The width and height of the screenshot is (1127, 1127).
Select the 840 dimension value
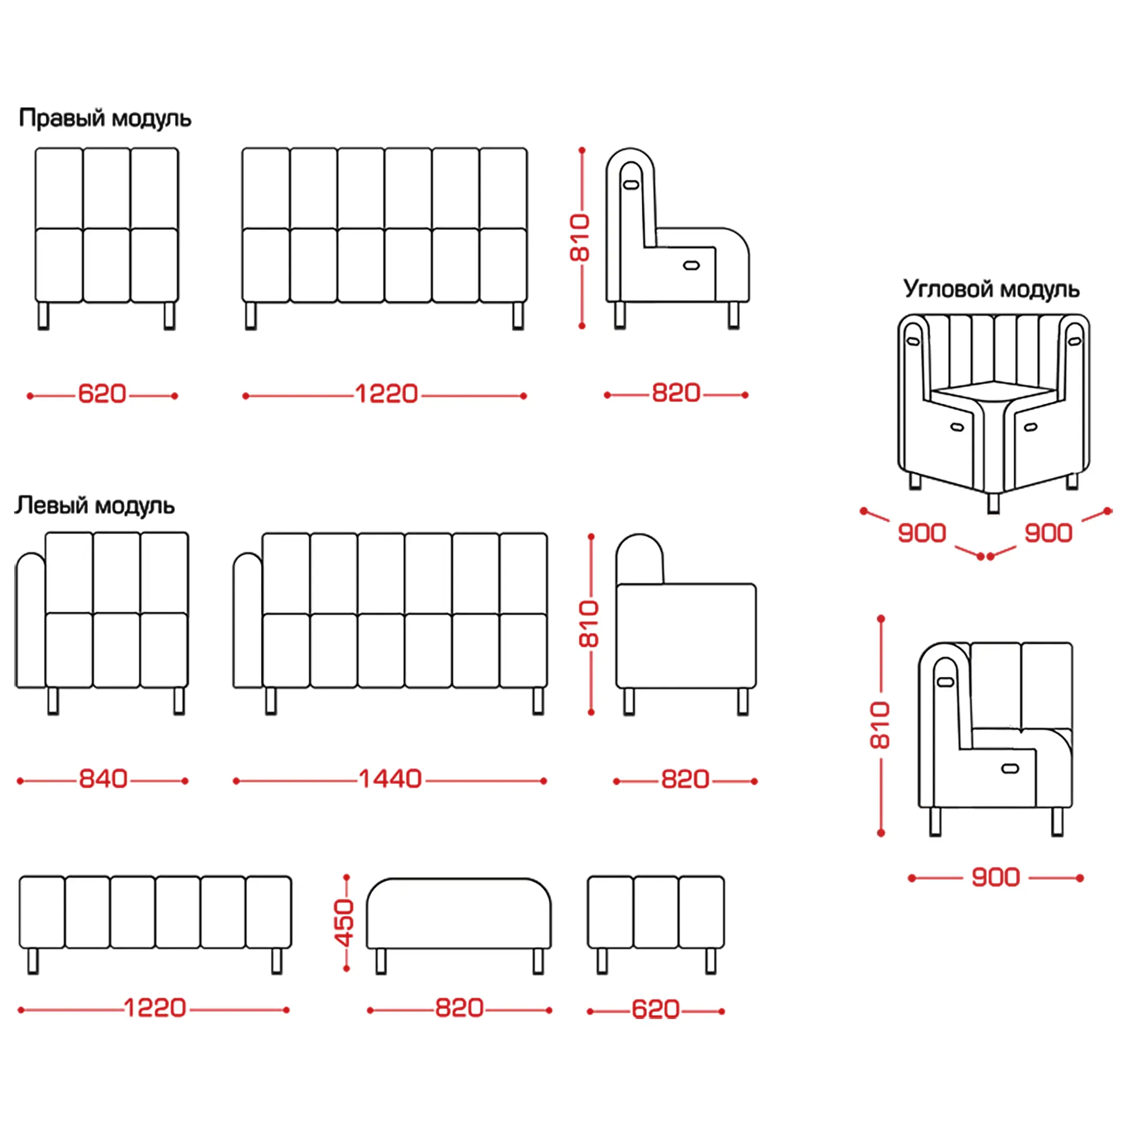coord(103,780)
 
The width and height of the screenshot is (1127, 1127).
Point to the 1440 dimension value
coord(390,780)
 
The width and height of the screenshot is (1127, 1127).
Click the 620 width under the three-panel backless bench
coord(655,1010)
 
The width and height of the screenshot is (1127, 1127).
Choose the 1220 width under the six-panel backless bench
coord(155,1008)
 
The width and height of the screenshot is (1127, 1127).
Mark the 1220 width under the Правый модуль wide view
coord(387,394)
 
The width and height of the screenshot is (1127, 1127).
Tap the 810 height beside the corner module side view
coord(880,725)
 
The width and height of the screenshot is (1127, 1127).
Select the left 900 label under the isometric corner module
coord(921,533)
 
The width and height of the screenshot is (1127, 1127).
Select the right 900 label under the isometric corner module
coord(1048,533)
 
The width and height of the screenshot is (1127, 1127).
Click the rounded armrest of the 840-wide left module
coord(30,619)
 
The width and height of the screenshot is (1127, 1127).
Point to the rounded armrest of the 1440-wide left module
coord(248,619)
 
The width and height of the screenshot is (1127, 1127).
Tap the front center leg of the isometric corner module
coord(993,502)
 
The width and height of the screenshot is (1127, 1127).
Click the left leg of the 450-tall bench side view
coord(381,961)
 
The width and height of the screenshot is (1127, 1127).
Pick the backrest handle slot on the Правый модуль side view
coord(631,185)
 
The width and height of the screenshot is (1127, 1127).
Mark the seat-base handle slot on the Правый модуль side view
coord(691,266)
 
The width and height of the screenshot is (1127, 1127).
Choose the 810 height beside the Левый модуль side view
coord(589,624)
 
